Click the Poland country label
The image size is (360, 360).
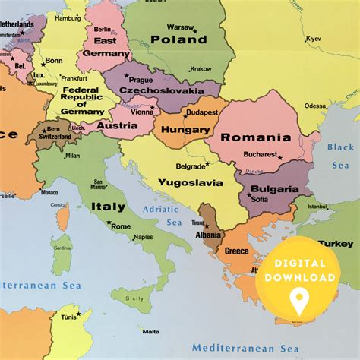(x=178, y=39)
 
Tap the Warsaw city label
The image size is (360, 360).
(x=181, y=27)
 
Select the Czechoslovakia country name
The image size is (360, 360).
(x=161, y=90)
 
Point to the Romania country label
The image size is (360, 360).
(x=256, y=137)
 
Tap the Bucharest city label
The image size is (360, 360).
(x=260, y=154)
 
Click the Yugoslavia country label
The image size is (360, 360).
(x=190, y=182)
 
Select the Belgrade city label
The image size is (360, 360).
(x=191, y=166)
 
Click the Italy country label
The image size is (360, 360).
(x=109, y=207)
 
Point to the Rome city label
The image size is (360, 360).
(x=121, y=226)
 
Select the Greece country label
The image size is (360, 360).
(x=236, y=251)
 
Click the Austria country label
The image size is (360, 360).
(x=118, y=125)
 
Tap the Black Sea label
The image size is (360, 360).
(x=340, y=154)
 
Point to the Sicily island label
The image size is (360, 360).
(x=134, y=298)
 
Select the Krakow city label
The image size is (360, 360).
(x=201, y=68)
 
